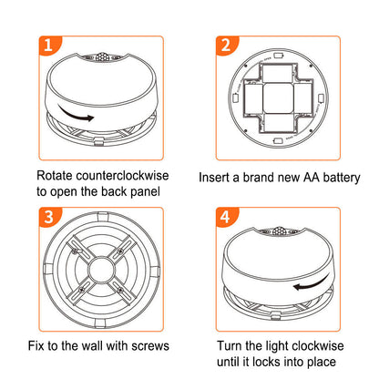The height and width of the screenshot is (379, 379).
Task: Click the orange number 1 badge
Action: (48, 45)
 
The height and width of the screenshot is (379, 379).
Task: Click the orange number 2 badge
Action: (226, 45)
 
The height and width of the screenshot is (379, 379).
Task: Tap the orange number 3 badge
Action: (48, 217)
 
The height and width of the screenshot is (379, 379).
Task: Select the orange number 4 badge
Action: (226, 217)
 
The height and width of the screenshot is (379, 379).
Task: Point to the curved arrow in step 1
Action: (75, 115)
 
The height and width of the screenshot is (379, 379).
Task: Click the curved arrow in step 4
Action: (312, 283)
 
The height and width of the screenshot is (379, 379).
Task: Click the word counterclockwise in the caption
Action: (122, 176)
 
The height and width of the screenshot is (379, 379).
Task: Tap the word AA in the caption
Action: (312, 178)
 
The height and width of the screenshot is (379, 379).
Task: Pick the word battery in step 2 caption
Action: (342, 178)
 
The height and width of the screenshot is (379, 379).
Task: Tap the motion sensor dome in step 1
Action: (102, 56)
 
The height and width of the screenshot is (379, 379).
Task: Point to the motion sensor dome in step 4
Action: (280, 231)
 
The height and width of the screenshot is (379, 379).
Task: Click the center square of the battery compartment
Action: (278, 98)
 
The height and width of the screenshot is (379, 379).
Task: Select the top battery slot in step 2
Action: (278, 73)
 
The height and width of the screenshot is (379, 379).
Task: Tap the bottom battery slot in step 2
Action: (278, 123)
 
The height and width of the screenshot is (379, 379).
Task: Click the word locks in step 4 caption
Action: (266, 362)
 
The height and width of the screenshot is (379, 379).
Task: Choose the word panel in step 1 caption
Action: (145, 192)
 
